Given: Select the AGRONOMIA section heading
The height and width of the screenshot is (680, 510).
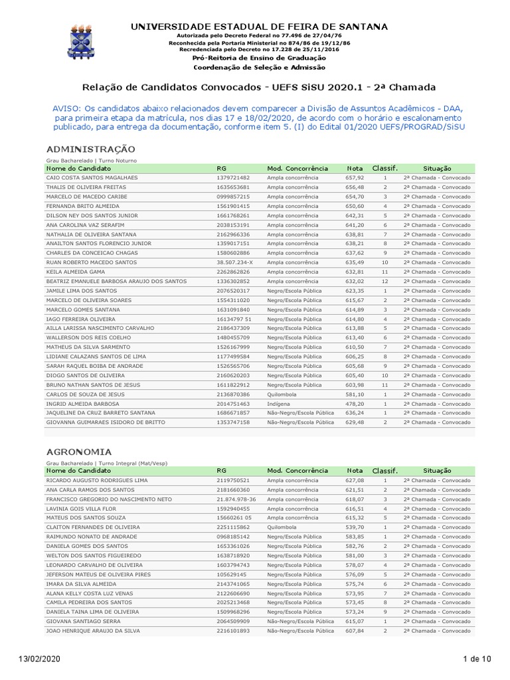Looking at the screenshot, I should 79,451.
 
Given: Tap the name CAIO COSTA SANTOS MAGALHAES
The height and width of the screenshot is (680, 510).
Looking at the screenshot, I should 92,178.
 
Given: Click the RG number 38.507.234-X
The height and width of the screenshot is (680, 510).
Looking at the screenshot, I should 234,262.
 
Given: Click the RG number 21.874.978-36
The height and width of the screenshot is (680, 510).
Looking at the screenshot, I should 236,499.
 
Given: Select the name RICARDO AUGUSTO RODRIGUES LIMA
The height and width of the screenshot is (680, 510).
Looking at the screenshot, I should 97,480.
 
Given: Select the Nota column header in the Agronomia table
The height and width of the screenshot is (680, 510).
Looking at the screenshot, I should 355,470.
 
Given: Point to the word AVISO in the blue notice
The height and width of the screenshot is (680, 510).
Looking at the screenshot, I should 68,108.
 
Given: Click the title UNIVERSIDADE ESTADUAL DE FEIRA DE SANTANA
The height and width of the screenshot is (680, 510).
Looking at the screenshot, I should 258,27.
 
